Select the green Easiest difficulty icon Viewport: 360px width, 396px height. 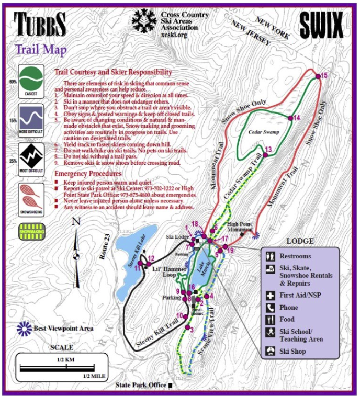pyautogui.click(x=31, y=80)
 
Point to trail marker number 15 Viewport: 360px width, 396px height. pyautogui.click(x=317, y=77)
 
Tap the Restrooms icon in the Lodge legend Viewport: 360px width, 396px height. pyautogui.click(x=271, y=256)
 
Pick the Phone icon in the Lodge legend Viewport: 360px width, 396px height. pyautogui.click(x=271, y=308)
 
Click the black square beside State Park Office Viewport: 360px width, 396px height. pyautogui.click(x=170, y=386)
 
